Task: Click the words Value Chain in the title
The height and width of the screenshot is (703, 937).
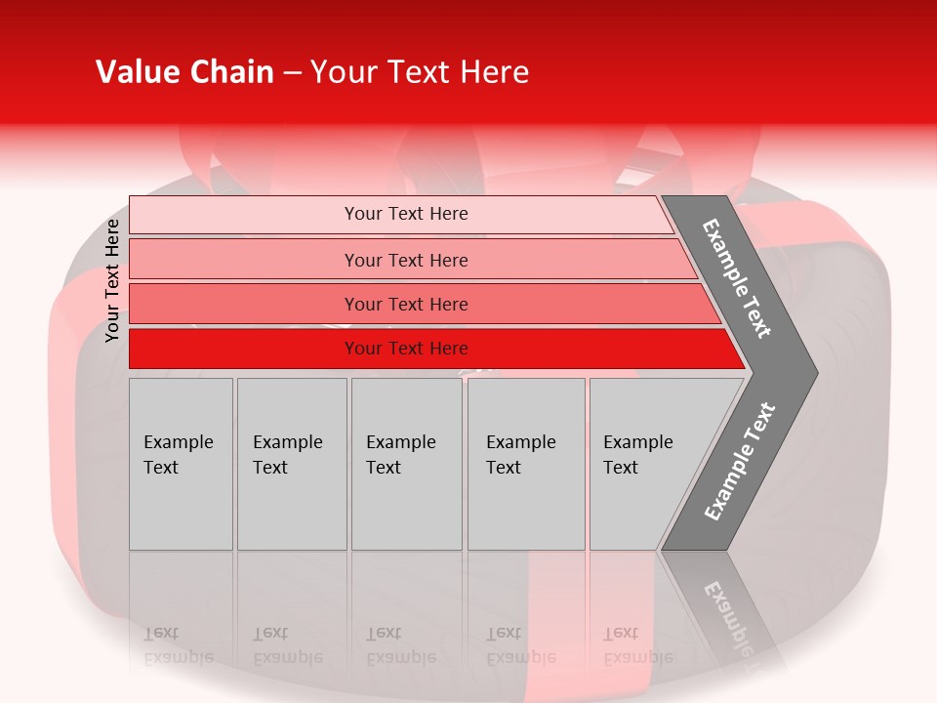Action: (184, 72)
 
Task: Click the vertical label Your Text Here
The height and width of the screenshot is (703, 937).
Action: (113, 280)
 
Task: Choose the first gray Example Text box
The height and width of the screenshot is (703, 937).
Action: (181, 464)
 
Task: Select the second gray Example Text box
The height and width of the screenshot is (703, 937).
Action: (292, 464)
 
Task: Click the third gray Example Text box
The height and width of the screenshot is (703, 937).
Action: (406, 464)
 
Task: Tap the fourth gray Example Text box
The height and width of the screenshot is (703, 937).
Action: (526, 464)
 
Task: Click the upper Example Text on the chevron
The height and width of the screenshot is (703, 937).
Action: (737, 278)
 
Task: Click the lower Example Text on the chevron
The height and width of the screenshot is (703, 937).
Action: (739, 461)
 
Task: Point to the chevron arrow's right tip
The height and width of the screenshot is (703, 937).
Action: (816, 373)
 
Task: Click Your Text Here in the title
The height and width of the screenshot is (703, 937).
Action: (420, 72)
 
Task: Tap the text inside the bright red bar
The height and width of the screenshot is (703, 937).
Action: (406, 349)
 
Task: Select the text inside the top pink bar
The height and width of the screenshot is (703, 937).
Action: (406, 214)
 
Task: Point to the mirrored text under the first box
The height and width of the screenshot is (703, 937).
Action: (178, 645)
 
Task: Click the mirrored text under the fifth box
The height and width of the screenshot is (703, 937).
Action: (637, 645)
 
